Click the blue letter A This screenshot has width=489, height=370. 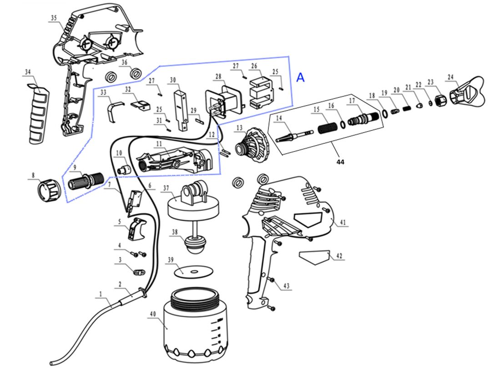tap(300, 77)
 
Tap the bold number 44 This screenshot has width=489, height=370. tap(340, 162)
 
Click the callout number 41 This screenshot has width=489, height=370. tap(343, 223)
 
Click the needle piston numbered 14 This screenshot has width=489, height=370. tap(293, 135)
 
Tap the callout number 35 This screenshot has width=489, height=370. tap(54, 18)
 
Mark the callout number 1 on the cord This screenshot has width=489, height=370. tap(100, 294)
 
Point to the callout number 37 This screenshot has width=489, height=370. tap(166, 188)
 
